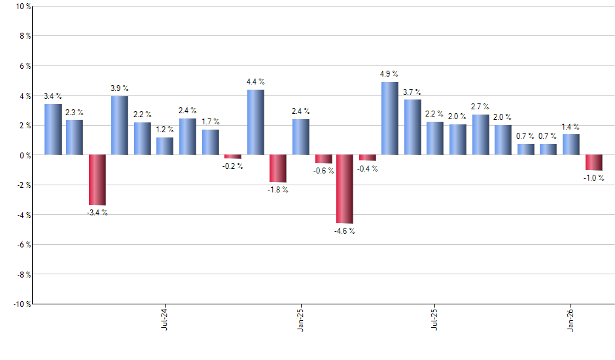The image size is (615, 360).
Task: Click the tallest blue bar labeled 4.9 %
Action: pos(389,118)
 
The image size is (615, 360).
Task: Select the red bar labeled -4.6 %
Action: pos(345,189)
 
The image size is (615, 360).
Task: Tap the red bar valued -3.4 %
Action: pos(97,180)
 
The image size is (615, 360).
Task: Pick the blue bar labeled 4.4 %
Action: pos(255,122)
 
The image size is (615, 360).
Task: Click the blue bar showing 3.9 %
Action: pos(119,126)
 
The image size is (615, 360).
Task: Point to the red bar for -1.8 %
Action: pos(278,168)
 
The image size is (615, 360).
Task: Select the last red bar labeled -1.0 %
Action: pos(593,162)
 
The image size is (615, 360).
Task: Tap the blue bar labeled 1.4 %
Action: pos(571,145)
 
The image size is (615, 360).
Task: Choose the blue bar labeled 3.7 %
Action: pos(412,127)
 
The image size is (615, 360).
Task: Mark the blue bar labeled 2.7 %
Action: pos(480,135)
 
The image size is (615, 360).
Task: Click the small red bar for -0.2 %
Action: pos(233,157)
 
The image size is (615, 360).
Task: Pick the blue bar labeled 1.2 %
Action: pos(165,146)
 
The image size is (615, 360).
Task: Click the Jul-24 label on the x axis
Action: pos(164,318)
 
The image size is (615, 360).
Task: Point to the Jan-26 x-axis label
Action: pos(571,318)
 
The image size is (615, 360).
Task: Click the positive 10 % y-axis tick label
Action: pos(22,7)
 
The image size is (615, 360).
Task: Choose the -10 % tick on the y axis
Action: pos(22,304)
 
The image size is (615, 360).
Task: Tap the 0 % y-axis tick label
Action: pos(24,155)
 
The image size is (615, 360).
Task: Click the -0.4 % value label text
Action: pos(367,169)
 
